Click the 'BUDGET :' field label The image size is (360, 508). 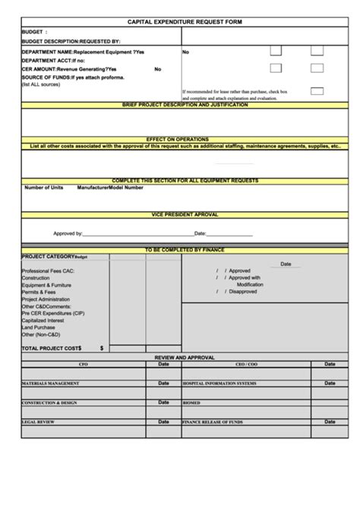point(35,33)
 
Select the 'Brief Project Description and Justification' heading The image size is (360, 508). point(185,105)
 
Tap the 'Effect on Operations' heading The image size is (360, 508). point(185,140)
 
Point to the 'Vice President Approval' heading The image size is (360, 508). point(185,215)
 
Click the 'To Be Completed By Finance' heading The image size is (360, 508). point(185,250)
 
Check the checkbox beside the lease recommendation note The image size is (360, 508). point(317,91)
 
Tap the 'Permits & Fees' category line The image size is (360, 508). point(39,292)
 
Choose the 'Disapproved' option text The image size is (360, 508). point(243,291)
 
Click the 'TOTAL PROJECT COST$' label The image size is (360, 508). point(52,347)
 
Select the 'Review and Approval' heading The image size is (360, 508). point(185,356)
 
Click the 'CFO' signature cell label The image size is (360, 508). point(84,364)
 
